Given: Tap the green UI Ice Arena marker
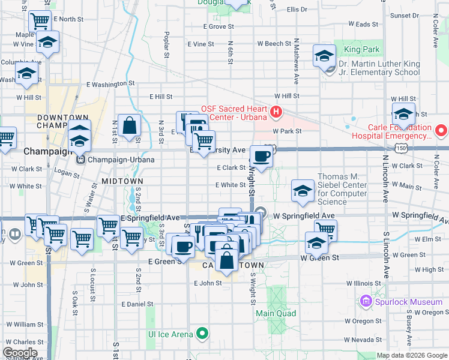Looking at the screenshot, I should click(x=203, y=334).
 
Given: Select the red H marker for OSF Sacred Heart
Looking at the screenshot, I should click(x=276, y=112).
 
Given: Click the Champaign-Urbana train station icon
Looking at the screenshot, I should click(x=80, y=160).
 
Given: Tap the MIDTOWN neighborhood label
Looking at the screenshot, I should click(x=122, y=181).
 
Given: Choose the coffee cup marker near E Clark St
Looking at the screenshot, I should click(x=261, y=157).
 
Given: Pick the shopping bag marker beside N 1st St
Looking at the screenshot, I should click(x=129, y=125).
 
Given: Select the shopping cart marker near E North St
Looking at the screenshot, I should click(x=40, y=21).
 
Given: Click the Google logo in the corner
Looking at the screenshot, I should click(x=20, y=353).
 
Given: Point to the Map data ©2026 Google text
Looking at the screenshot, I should click(x=412, y=355).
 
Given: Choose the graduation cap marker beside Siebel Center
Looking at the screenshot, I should click(x=303, y=191).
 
